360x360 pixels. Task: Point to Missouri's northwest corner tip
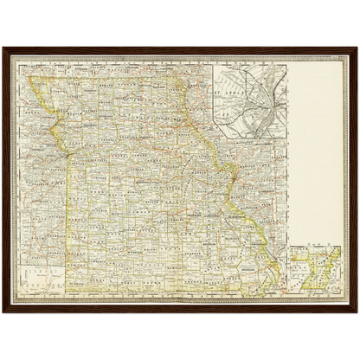[x=32, y=78]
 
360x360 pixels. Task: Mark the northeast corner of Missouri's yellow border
[x=183, y=83]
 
